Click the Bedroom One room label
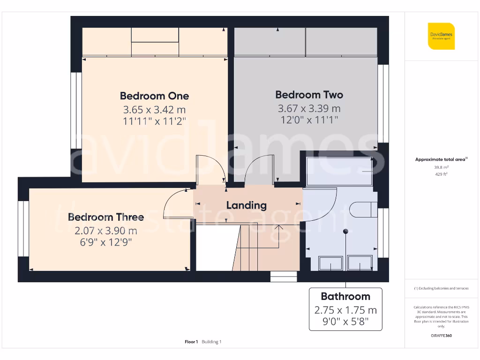pyautogui.click(x=154, y=96)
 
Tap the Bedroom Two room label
pyautogui.click(x=309, y=95)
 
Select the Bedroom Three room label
pyautogui.click(x=106, y=217)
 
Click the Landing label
pyautogui.click(x=246, y=205)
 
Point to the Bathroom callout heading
pyautogui.click(x=345, y=296)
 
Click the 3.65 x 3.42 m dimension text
pyautogui.click(x=154, y=110)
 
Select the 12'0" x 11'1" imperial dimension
pyautogui.click(x=309, y=120)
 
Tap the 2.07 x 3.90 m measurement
pyautogui.click(x=106, y=231)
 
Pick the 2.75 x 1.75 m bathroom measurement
pyautogui.click(x=345, y=310)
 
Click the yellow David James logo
pyautogui.click(x=441, y=36)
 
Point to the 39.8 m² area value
pyautogui.click(x=441, y=167)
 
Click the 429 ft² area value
pyautogui.click(x=441, y=174)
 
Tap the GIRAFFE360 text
pyautogui.click(x=441, y=336)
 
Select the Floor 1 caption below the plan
pyautogui.click(x=191, y=342)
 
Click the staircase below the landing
pyautogui.click(x=265, y=248)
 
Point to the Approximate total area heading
pyautogui.click(x=441, y=159)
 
